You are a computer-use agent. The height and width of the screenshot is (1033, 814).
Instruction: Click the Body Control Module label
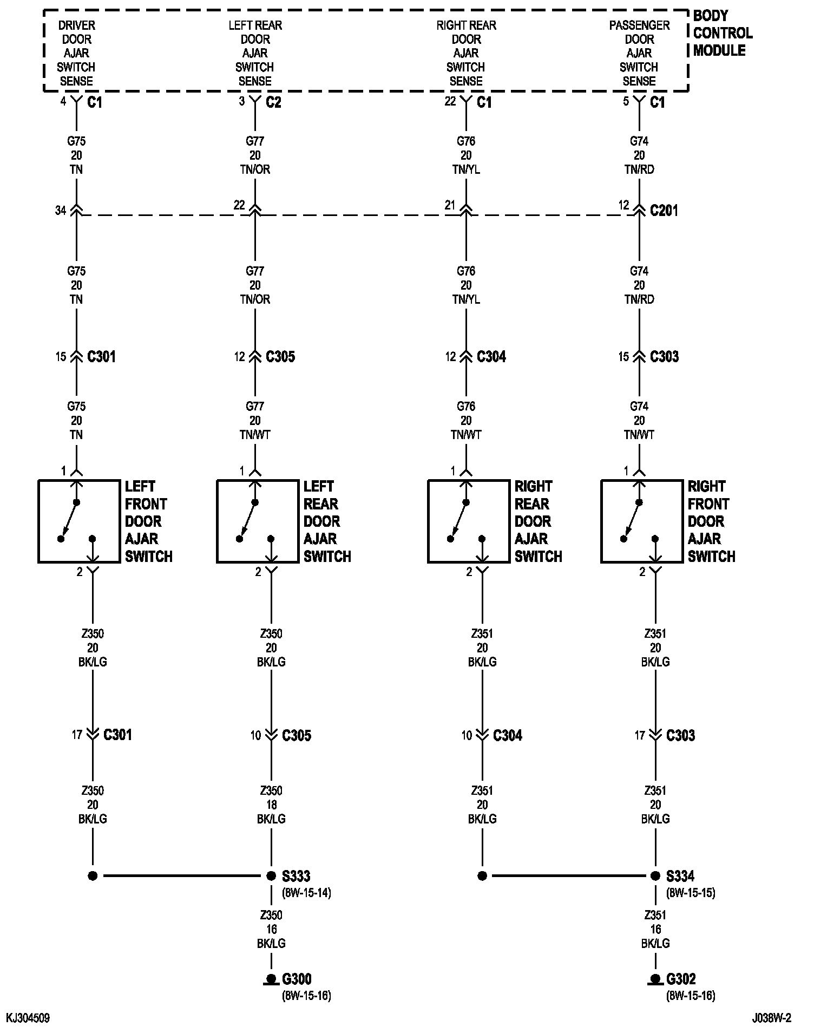(x=722, y=33)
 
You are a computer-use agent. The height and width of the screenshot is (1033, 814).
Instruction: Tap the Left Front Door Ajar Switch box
(x=78, y=521)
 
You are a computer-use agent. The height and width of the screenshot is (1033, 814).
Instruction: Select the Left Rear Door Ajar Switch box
(x=257, y=521)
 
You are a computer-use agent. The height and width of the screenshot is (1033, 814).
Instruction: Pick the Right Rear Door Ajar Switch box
(x=468, y=521)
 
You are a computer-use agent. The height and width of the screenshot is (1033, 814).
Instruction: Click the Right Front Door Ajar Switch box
(x=641, y=521)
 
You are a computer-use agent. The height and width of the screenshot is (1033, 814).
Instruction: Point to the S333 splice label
(x=296, y=876)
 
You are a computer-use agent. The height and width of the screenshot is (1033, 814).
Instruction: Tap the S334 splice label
(x=680, y=876)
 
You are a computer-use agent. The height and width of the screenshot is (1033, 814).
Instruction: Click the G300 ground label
(x=297, y=979)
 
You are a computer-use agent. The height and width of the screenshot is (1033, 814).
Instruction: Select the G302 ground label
(x=681, y=979)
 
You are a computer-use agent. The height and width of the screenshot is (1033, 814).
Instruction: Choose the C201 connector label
(x=664, y=210)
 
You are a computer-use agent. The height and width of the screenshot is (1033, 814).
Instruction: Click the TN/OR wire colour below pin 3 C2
(x=255, y=169)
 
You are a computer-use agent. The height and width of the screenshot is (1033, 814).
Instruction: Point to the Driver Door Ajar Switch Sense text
(x=76, y=53)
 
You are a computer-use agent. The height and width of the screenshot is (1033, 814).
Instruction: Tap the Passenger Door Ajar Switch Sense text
(x=639, y=53)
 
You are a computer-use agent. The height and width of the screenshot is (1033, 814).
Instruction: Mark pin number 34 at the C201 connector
(x=61, y=210)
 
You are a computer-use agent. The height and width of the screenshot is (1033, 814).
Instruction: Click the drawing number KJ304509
(x=28, y=1018)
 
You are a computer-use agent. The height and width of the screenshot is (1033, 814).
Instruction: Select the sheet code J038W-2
(x=771, y=1018)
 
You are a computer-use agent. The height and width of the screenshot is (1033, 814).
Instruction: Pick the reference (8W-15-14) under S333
(x=306, y=892)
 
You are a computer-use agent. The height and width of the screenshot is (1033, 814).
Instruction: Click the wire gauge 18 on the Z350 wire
(x=271, y=805)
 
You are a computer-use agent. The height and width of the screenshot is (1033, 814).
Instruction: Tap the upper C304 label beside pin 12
(x=491, y=356)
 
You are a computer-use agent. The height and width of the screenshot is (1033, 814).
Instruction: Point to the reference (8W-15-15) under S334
(x=691, y=892)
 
